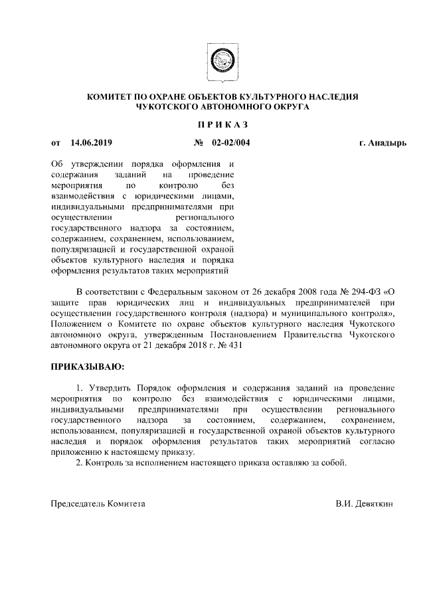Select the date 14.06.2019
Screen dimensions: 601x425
(92, 142)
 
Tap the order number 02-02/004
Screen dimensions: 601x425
(231, 142)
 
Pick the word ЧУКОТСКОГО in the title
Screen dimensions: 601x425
(167, 106)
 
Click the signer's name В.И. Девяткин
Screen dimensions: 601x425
(365, 504)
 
